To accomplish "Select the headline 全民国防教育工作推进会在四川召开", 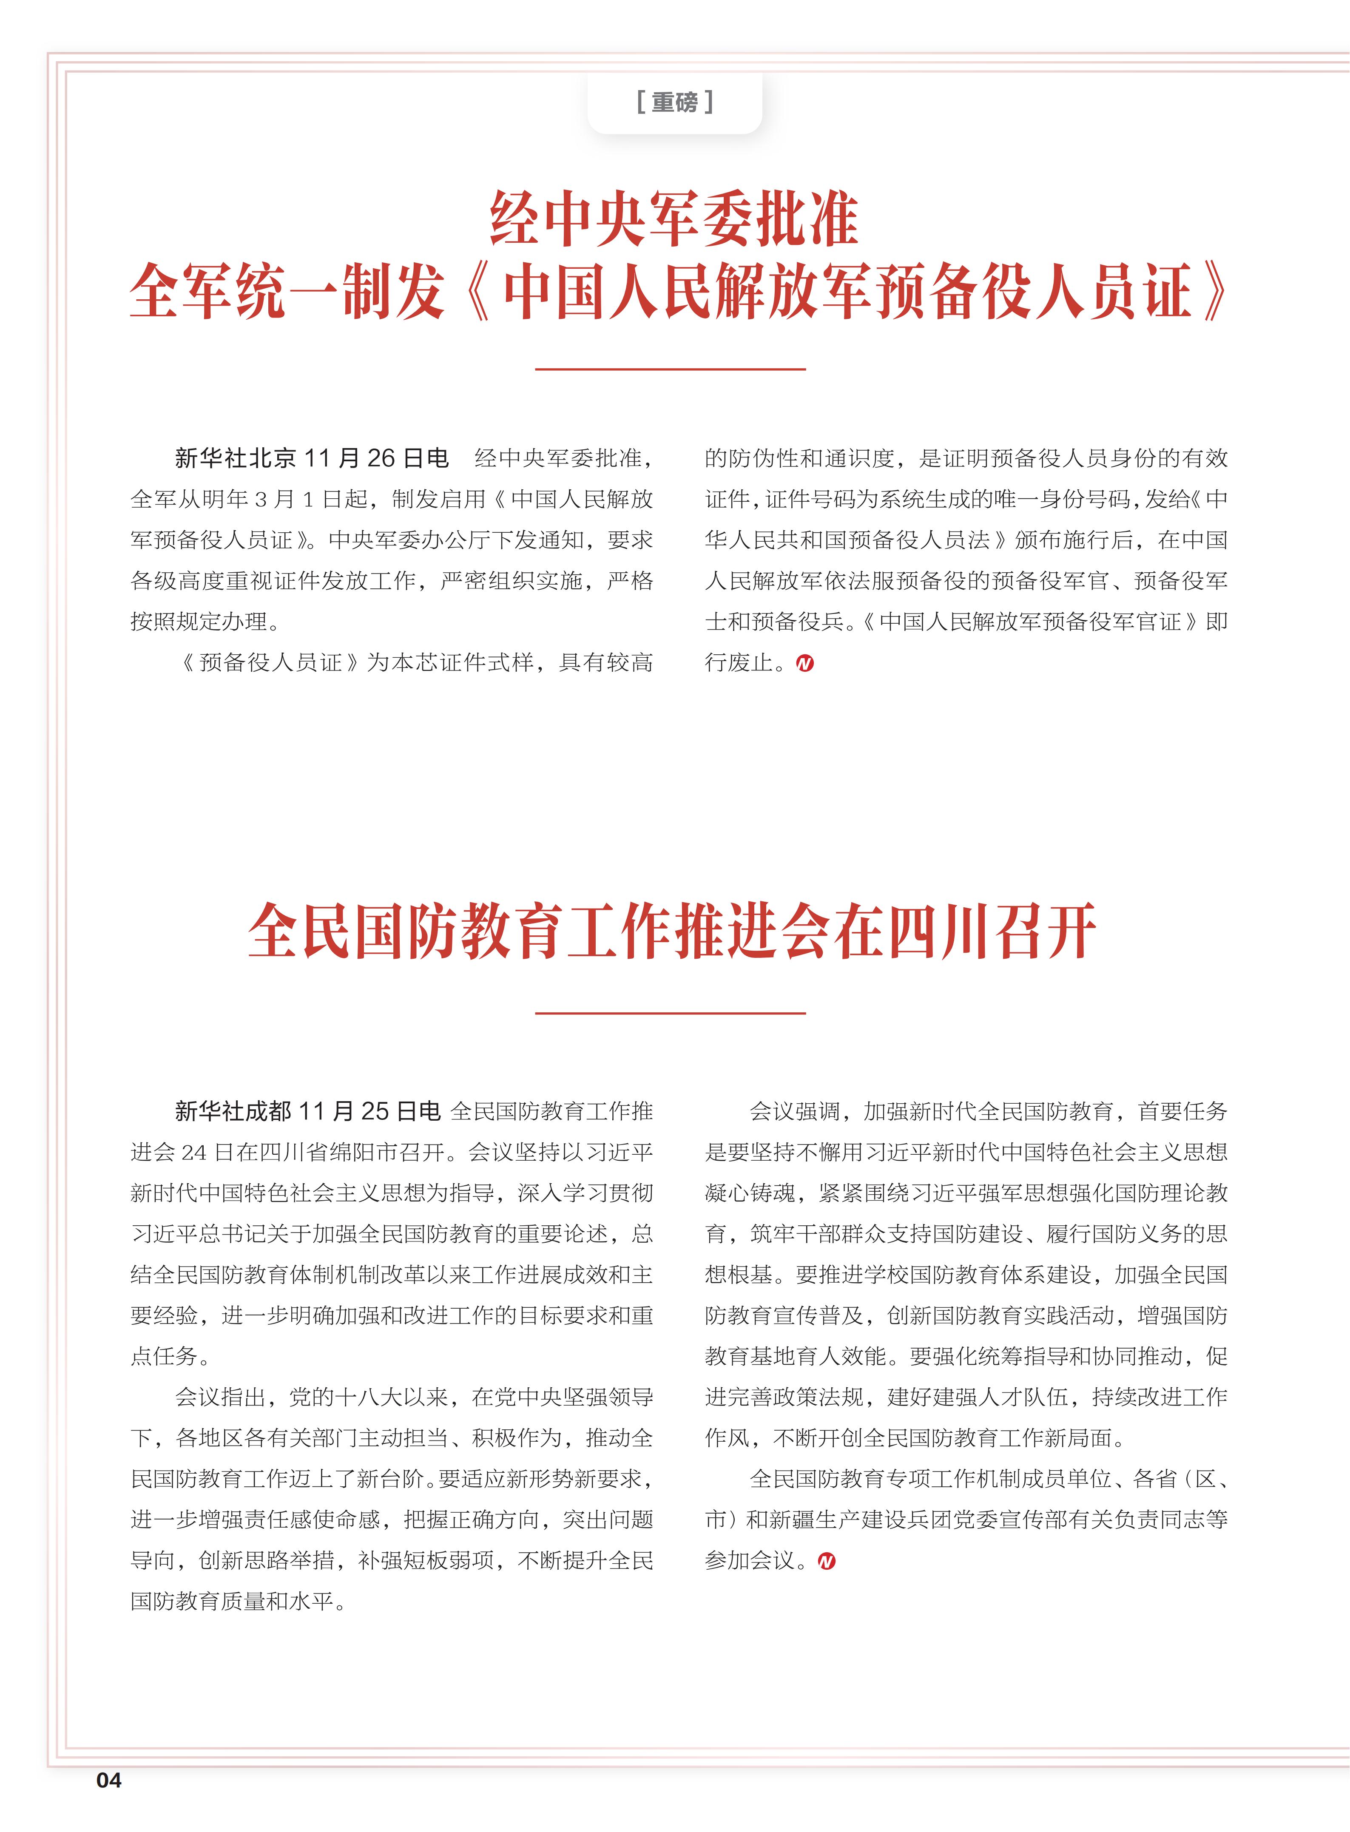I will point(672,932).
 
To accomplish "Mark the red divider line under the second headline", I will point(670,1013).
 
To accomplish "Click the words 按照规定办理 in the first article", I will point(199,622).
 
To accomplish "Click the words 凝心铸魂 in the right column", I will point(750,1193).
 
